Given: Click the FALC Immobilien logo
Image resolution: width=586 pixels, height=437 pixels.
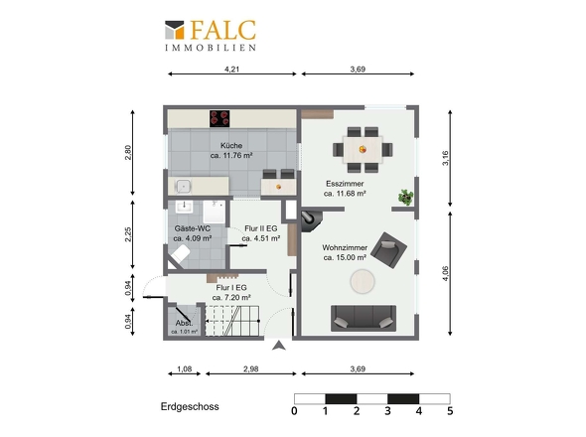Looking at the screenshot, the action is [x=211, y=35].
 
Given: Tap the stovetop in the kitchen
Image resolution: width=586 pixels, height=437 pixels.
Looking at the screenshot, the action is [x=220, y=118].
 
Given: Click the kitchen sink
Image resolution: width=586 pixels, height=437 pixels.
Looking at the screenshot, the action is [x=183, y=186].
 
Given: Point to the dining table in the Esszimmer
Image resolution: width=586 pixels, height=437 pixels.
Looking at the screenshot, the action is [x=363, y=150].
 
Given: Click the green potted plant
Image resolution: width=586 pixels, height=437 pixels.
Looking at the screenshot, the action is [x=405, y=197].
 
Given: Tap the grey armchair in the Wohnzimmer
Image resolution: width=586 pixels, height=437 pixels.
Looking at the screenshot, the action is [x=388, y=249].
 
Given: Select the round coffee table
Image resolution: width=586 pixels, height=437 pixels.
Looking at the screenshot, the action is [x=363, y=281].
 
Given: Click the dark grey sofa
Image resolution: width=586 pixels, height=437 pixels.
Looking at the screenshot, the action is [x=364, y=318].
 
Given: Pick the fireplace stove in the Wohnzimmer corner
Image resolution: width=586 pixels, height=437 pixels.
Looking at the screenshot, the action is [x=311, y=219].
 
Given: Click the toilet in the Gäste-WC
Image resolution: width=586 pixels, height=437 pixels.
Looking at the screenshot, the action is [x=179, y=255].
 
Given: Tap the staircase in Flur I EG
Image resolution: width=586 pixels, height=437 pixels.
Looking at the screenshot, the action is [x=231, y=321].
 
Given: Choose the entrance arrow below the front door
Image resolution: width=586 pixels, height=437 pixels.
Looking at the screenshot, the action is [x=279, y=346].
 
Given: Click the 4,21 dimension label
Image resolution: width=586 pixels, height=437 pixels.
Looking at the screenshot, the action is [x=231, y=70].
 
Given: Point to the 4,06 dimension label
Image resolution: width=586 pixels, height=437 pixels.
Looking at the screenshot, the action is [x=445, y=273].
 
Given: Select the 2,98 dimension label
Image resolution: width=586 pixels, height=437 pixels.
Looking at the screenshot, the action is [x=250, y=368].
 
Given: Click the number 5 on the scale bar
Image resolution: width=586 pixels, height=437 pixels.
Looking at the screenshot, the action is [x=450, y=411].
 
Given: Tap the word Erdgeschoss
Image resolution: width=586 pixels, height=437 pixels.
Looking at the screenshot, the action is [x=190, y=407].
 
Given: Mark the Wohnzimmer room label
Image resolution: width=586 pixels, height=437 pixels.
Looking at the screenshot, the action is [x=345, y=247].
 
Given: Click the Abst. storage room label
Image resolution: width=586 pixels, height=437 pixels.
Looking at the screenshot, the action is [x=185, y=323].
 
